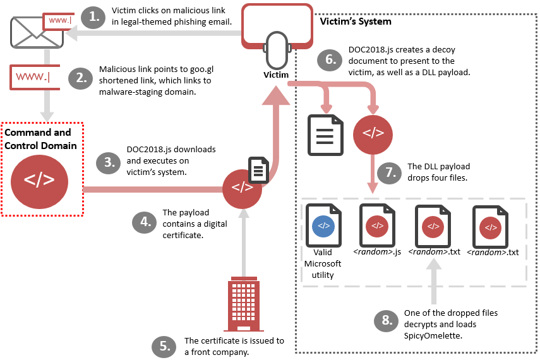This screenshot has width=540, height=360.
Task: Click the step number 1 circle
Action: pos(95,17)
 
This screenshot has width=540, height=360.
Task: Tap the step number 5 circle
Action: pos(165,345)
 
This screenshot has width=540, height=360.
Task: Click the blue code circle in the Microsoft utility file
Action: pos(323,225)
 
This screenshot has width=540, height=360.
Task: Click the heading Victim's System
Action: pos(356,21)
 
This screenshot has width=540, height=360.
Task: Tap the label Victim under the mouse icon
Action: pos(276,75)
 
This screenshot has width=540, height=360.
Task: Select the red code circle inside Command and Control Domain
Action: pos(39,179)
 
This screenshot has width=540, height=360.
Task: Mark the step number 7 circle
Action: pos(389,172)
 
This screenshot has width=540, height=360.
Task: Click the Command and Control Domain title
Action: pos(38,139)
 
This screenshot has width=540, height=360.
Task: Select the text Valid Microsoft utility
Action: pos(323,263)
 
